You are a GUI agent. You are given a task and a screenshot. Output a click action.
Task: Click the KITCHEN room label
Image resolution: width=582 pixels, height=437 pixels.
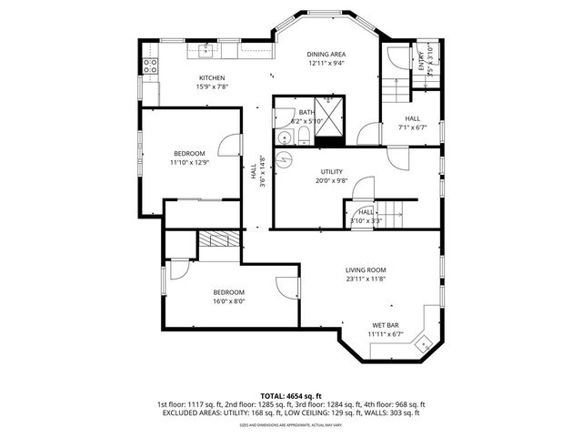(212, 78)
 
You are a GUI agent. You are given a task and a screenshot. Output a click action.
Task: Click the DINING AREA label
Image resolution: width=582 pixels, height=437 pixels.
(326, 54)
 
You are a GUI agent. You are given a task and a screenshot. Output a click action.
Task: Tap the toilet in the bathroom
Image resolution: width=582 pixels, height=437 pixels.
(303, 137)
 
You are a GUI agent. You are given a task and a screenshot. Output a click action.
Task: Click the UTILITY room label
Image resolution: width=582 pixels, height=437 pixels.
(331, 171)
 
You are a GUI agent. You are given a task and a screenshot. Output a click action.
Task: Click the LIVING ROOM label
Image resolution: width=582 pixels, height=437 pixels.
(365, 269)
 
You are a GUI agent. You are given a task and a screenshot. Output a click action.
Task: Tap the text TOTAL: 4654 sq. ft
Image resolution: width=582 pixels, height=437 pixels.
(291, 396)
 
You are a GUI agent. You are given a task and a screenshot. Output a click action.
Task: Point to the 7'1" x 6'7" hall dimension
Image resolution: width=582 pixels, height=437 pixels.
(412, 128)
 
